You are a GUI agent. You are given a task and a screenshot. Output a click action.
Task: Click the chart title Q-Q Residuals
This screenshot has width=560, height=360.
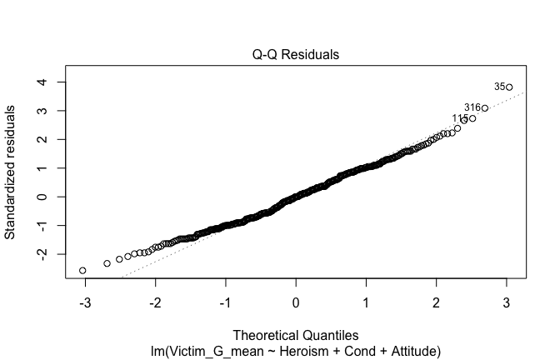click(296, 54)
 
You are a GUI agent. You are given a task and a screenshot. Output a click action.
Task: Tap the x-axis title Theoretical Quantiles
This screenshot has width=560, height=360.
click(296, 336)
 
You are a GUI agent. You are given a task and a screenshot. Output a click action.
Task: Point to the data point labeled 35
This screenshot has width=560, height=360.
click(508, 87)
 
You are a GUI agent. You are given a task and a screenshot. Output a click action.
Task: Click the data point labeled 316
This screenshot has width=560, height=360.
click(484, 108)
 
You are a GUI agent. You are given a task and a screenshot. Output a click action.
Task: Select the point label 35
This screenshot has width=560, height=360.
click(499, 86)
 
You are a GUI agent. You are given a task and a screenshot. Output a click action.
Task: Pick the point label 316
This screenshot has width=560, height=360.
click(472, 107)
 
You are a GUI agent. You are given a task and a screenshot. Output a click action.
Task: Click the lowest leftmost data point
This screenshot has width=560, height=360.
click(82, 271)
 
